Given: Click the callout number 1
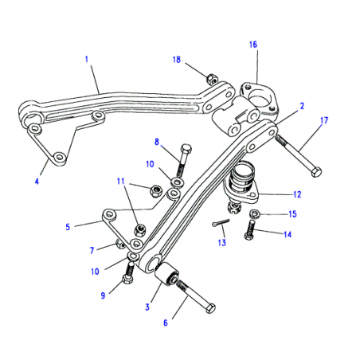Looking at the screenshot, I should tap(85, 58).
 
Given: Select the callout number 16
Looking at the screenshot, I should tap(252, 45).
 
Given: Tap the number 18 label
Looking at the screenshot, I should tap(178, 61).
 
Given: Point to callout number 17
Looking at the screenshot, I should tap(37, 180).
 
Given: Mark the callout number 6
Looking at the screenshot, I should tap(166, 323).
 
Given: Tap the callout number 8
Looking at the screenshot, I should tap(157, 144).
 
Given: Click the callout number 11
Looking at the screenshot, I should tap(120, 182).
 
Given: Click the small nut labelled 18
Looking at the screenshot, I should tap(212, 78).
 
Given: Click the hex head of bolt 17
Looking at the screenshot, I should tap(317, 172).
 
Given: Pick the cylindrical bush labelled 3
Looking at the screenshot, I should tap(169, 279).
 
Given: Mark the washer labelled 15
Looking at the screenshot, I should tap(252, 215).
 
